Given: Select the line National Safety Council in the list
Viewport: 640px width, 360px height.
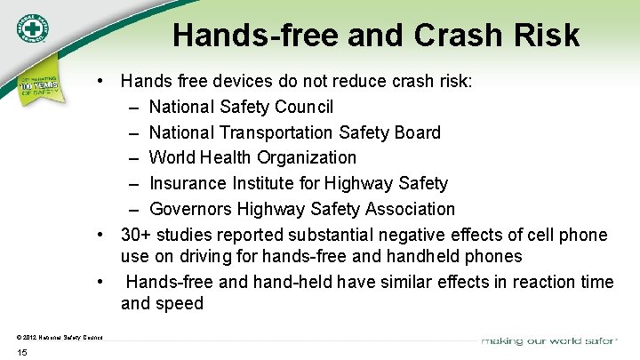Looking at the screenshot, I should (x=241, y=108).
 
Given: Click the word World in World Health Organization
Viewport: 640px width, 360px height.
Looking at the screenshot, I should (x=172, y=157).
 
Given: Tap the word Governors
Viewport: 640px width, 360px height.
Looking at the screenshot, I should (x=191, y=209).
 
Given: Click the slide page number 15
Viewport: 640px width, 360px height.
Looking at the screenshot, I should (x=22, y=353).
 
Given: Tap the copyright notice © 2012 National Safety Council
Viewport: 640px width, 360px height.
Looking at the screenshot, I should (x=60, y=336).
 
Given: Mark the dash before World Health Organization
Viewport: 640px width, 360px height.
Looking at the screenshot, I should (x=132, y=158).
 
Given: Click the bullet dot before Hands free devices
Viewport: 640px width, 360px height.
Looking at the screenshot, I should (x=103, y=82).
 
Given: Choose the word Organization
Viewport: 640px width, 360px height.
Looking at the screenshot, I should (x=307, y=157).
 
